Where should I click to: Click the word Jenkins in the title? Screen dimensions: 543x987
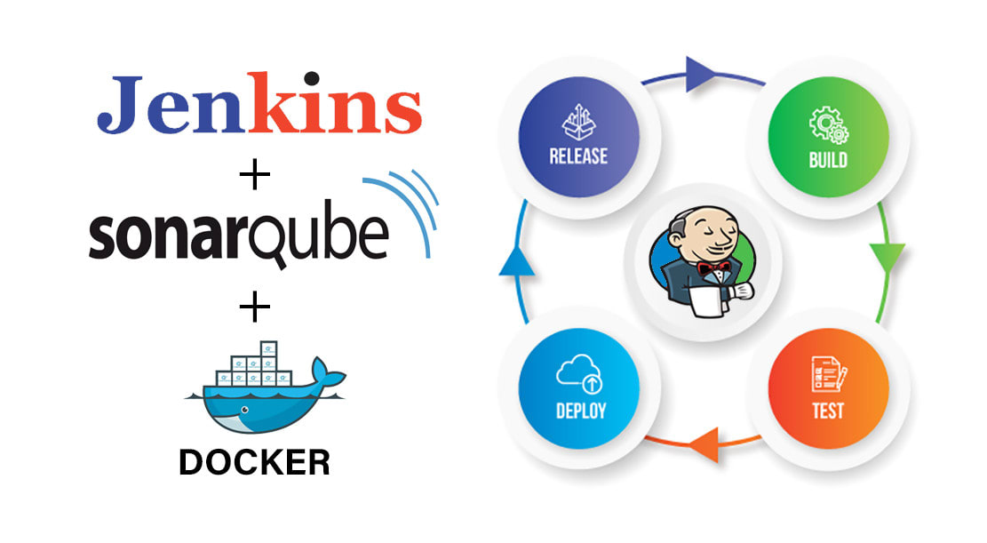tap(259, 106)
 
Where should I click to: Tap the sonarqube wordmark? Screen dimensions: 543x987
tap(238, 236)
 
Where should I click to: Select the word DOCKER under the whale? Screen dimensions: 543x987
tap(254, 462)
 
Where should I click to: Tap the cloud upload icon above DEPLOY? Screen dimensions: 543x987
tap(580, 373)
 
